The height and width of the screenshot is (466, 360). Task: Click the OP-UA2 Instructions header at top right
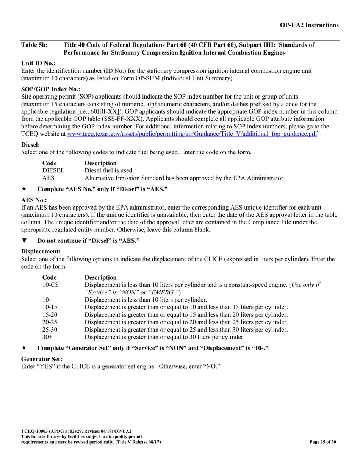pos(309,25)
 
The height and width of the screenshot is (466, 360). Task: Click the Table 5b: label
pos(34,45)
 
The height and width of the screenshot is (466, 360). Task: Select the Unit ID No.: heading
pos(38,63)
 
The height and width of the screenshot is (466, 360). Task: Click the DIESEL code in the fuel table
pos(53,170)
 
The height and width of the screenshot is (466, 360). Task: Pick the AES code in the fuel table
pos(48,178)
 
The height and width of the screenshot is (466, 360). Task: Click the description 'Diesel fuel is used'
pos(108,170)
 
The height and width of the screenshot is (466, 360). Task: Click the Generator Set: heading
pos(42,358)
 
